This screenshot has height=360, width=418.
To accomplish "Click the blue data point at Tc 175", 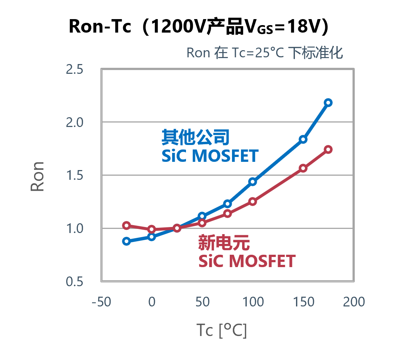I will click(328, 103).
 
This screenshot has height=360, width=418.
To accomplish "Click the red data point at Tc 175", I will click(328, 149).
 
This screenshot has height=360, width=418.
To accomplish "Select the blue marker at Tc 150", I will click(303, 139).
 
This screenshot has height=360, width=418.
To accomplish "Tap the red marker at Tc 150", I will click(303, 168).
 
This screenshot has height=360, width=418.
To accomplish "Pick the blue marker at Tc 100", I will click(253, 182).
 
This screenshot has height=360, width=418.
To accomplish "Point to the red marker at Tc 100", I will click(253, 202).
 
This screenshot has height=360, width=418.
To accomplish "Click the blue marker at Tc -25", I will click(126, 241).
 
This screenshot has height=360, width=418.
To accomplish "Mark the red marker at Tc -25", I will click(126, 226).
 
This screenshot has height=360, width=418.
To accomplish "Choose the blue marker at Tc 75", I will click(228, 203).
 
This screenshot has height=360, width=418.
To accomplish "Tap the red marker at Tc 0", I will click(152, 229).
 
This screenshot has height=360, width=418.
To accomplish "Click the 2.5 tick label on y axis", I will click(74, 70).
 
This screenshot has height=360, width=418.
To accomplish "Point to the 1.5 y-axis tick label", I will click(74, 176).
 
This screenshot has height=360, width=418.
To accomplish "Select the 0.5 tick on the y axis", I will click(74, 282).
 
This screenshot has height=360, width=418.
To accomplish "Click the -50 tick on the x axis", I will click(101, 302).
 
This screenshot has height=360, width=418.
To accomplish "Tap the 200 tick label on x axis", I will click(354, 302).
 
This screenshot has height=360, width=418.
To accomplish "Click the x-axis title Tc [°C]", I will click(222, 331).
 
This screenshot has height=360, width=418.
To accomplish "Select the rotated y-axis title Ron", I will click(37, 176).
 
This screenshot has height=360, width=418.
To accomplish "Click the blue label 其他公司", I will click(195, 138).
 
